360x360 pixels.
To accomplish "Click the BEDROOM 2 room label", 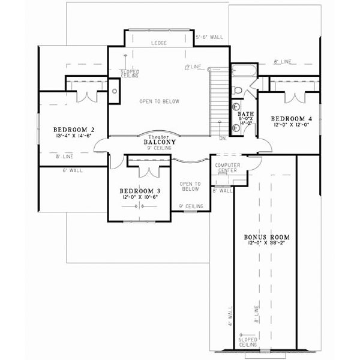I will click(x=71, y=129).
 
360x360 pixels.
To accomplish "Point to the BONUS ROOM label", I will click(x=263, y=236).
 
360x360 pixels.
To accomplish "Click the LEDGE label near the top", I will click(x=158, y=43).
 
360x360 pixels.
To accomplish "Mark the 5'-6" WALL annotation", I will click(x=209, y=37).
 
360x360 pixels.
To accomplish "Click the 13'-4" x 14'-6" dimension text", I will click(x=71, y=136).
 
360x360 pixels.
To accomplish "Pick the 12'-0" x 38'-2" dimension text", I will click(x=263, y=243).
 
